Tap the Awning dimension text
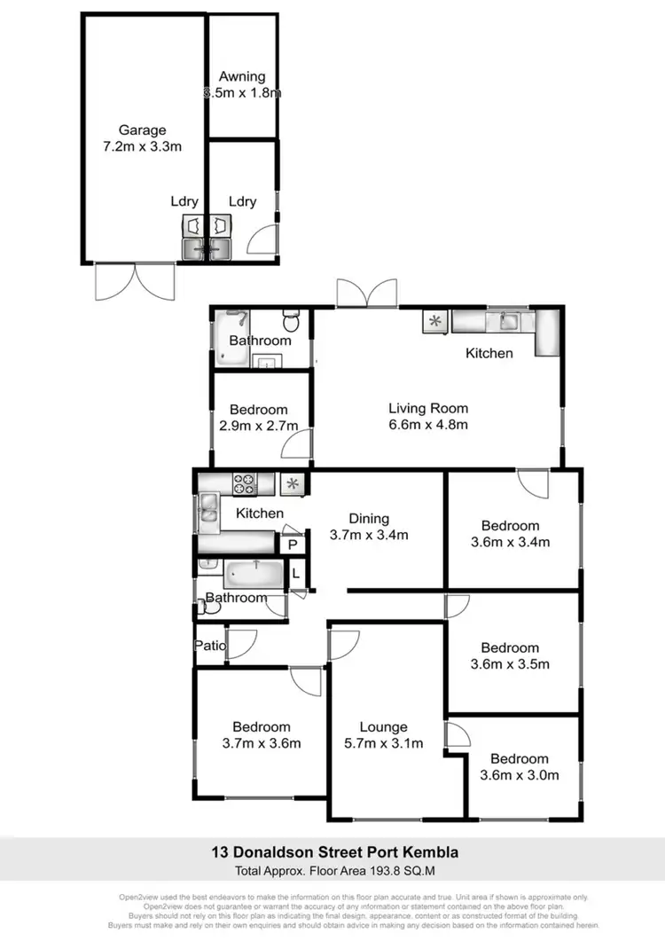click(x=242, y=92)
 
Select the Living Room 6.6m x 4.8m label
click(x=427, y=417)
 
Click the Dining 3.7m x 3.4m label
click(x=368, y=527)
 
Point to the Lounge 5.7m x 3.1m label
click(x=383, y=735)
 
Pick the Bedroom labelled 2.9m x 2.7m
click(x=258, y=418)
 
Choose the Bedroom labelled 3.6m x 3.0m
click(x=519, y=766)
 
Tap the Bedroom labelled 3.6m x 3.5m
click(x=510, y=655)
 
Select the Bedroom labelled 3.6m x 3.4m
click(x=510, y=534)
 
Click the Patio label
click(x=209, y=647)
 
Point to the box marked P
click(x=292, y=545)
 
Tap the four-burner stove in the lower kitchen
click(x=245, y=484)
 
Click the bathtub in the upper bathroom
click(x=232, y=341)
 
